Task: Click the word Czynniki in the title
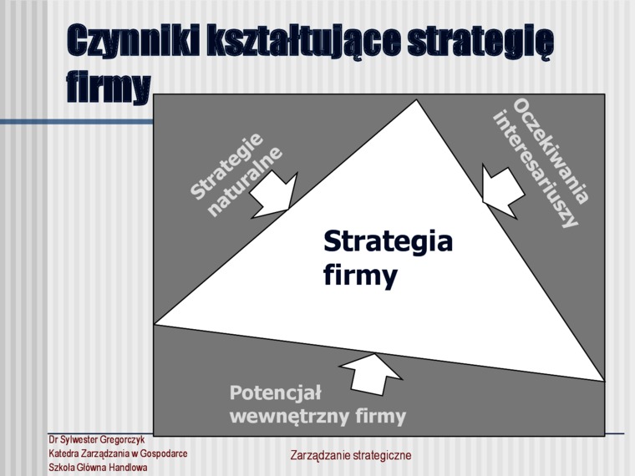133,41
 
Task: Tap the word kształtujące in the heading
304,41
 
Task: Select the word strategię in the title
480,43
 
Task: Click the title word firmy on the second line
109,89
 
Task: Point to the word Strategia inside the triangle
388,241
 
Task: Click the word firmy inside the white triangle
360,276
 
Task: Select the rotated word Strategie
226,166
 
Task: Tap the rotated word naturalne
245,182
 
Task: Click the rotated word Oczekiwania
551,152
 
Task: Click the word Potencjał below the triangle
276,393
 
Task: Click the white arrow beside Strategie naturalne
274,195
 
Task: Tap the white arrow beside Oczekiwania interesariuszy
502,191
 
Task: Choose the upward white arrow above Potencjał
371,373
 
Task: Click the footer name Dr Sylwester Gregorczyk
96,439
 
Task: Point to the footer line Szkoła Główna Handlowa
98,468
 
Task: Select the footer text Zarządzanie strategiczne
351,455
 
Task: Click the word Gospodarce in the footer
164,453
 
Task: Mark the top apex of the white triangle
416,99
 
